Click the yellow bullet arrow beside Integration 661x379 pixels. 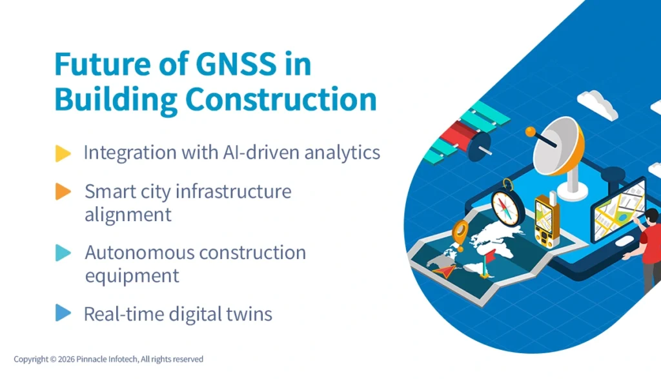[x=63, y=153]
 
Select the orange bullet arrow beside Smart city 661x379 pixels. [x=63, y=191]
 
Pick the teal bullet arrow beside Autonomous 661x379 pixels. [x=63, y=253]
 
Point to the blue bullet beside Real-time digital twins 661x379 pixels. [x=63, y=313]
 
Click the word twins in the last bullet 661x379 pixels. [x=249, y=314]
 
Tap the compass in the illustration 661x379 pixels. [x=508, y=204]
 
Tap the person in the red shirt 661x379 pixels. [x=648, y=248]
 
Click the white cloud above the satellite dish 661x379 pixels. [x=597, y=103]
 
